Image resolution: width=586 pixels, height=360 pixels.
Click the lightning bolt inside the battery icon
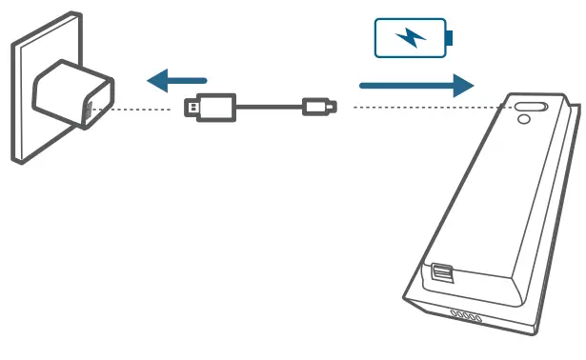point(411,38)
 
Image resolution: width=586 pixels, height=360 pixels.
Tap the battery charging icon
point(413,38)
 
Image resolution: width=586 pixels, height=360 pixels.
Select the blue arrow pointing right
point(415,86)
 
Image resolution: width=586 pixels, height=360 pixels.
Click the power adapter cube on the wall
point(71,96)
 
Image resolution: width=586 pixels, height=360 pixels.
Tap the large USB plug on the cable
point(210,107)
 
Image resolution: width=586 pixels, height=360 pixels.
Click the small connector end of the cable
point(318,107)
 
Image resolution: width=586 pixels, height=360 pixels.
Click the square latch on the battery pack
point(442,273)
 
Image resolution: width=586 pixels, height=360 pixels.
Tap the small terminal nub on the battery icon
point(450,38)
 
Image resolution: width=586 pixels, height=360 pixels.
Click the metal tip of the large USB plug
point(191,108)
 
